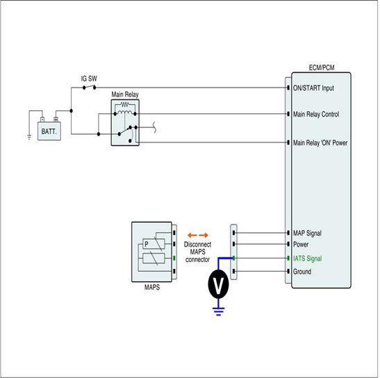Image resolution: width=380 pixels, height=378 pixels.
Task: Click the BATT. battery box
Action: point(49,131)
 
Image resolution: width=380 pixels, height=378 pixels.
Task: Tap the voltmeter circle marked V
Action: point(218,284)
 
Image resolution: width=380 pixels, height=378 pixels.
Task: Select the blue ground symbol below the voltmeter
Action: point(218,311)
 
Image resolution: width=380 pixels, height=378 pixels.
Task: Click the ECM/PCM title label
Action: point(322,67)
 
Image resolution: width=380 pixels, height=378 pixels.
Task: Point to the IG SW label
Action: point(89,79)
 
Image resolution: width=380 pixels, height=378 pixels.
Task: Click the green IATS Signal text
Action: point(308,258)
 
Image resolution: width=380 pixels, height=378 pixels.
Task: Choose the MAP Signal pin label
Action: point(307,233)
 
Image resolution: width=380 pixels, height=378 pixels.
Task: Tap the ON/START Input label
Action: point(313,88)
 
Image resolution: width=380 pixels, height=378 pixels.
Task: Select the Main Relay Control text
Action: point(316,114)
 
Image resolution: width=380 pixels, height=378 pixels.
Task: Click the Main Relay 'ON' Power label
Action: point(320,143)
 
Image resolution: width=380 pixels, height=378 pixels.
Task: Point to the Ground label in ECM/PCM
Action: point(302,272)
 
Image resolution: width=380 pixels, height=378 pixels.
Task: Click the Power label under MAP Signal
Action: point(301,245)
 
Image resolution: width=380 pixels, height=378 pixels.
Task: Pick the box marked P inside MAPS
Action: point(154,244)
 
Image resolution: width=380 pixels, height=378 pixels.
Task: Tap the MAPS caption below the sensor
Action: point(152,287)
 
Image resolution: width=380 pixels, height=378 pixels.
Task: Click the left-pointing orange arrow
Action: point(192,235)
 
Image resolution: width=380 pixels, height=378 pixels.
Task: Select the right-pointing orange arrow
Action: point(204,235)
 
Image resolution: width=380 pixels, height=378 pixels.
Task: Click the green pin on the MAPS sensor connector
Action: point(174,258)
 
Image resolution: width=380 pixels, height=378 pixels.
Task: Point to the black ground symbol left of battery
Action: point(29,138)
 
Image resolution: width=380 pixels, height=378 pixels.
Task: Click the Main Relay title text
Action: point(125,94)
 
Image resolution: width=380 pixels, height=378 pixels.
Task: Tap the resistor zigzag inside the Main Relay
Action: point(125,105)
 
